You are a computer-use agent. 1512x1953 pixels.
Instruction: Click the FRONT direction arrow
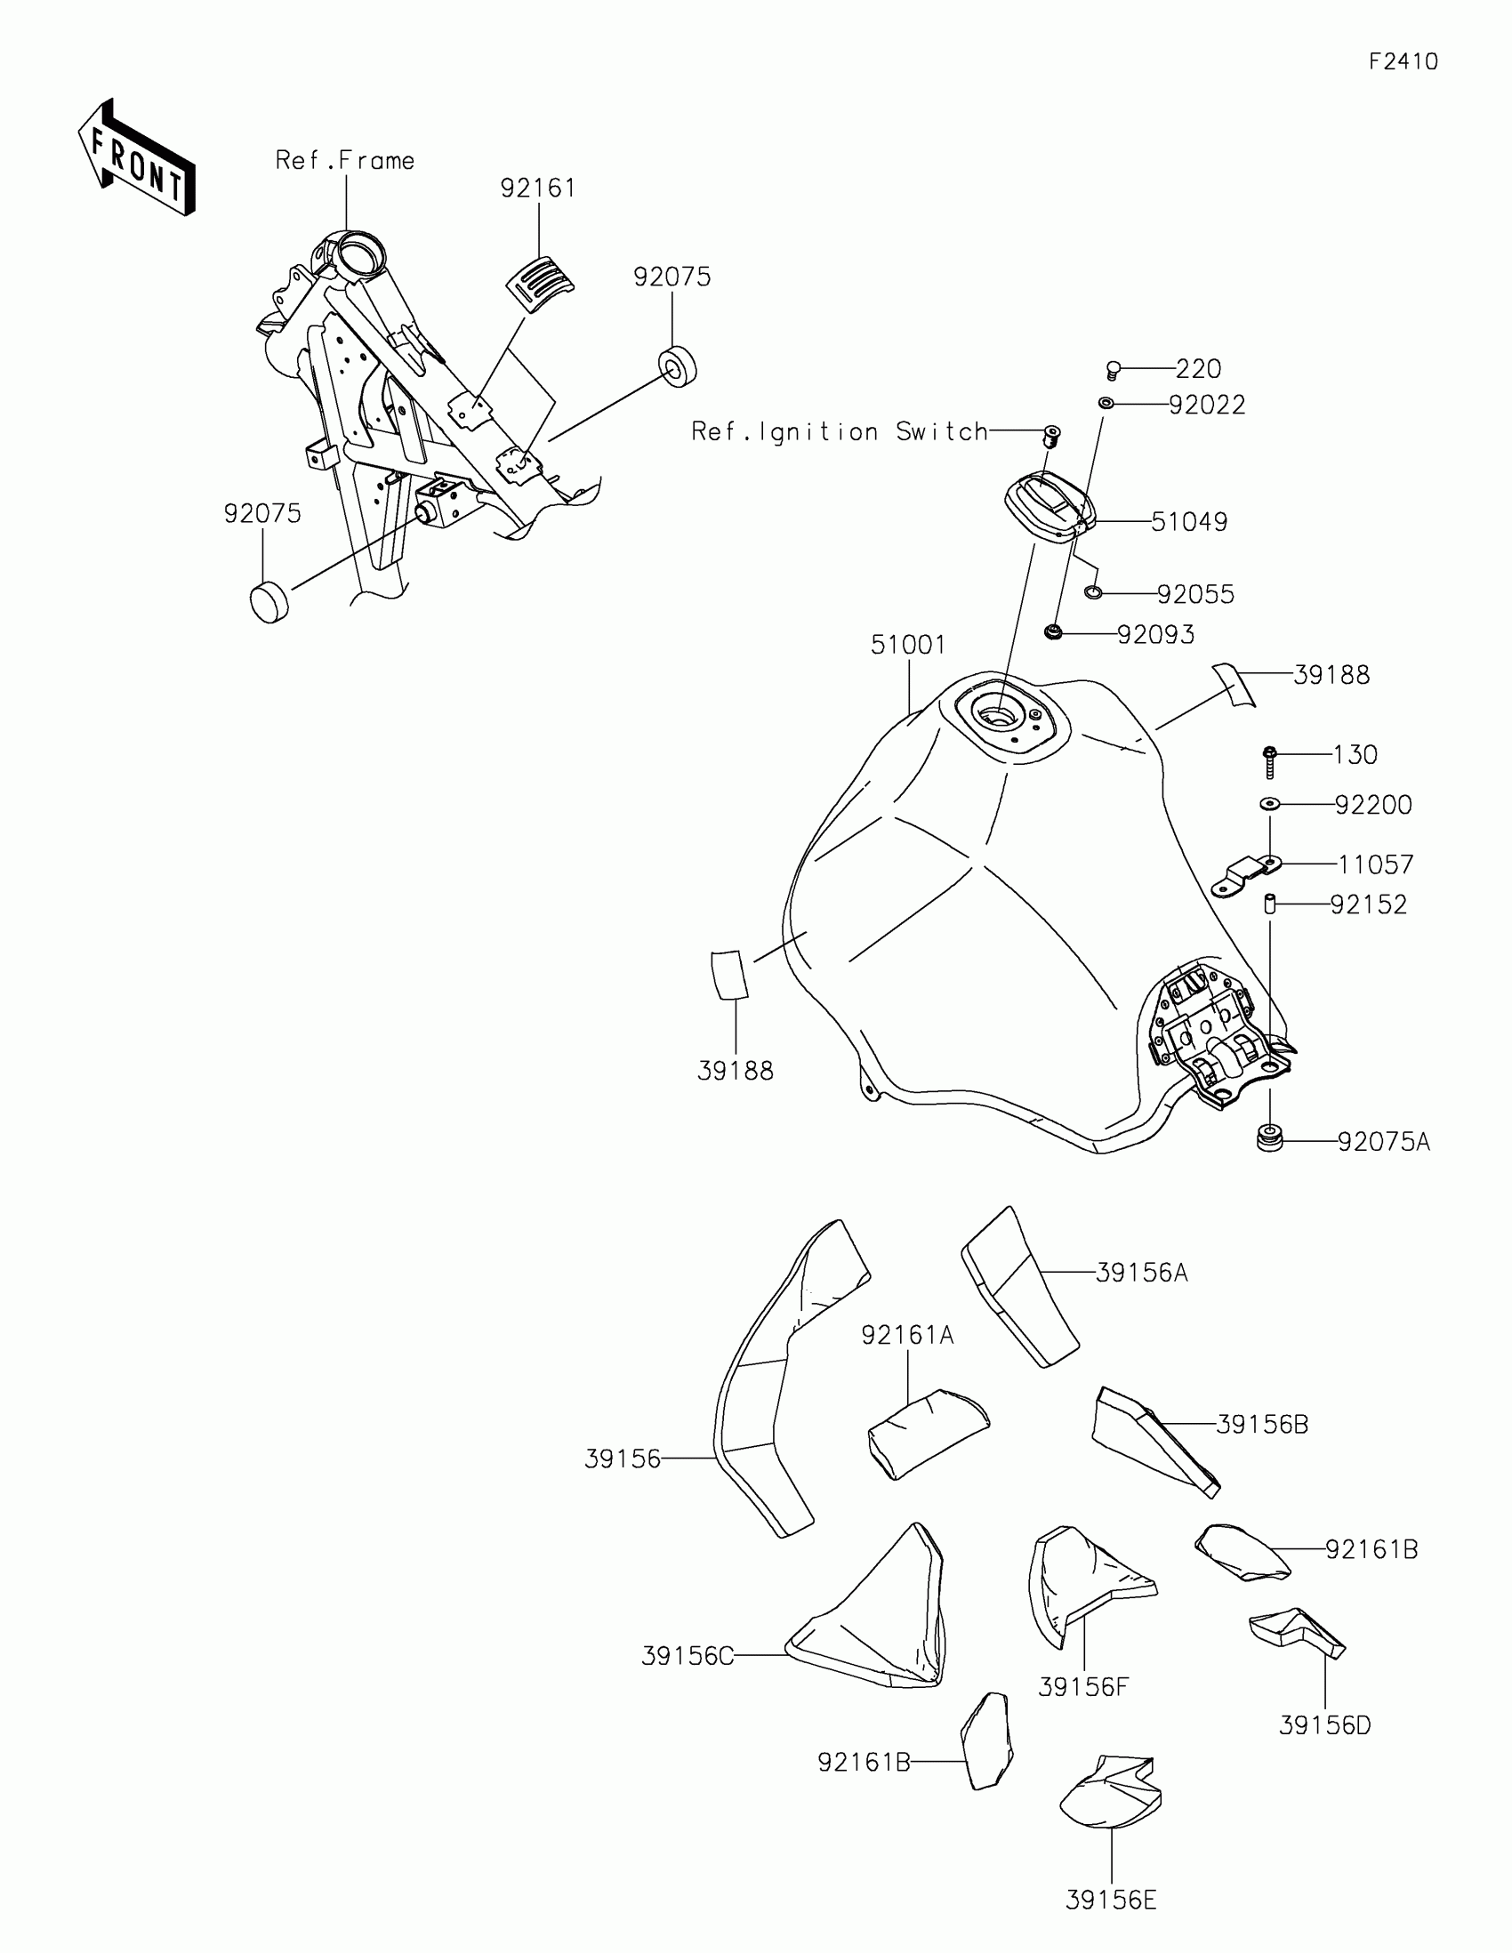(136, 158)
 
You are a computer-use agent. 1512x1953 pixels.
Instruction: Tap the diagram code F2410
(1403, 61)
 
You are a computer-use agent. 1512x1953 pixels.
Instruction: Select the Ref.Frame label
(345, 161)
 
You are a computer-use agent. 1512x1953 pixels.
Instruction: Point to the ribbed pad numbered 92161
(540, 285)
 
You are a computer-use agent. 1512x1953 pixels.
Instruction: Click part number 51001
(907, 645)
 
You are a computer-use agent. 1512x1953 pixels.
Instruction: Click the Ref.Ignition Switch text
(840, 432)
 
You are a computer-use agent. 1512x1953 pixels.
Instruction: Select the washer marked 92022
(1106, 404)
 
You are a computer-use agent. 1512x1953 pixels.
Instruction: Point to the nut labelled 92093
(1053, 633)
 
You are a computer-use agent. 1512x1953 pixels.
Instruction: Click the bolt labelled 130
(1269, 762)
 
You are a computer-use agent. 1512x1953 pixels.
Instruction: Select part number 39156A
(1142, 1273)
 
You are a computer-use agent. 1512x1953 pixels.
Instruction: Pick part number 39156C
(687, 1656)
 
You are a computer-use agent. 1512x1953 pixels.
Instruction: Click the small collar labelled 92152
(1269, 904)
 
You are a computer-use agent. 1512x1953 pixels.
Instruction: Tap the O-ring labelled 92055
(1093, 593)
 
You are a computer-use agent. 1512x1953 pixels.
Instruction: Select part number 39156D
(1324, 1725)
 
